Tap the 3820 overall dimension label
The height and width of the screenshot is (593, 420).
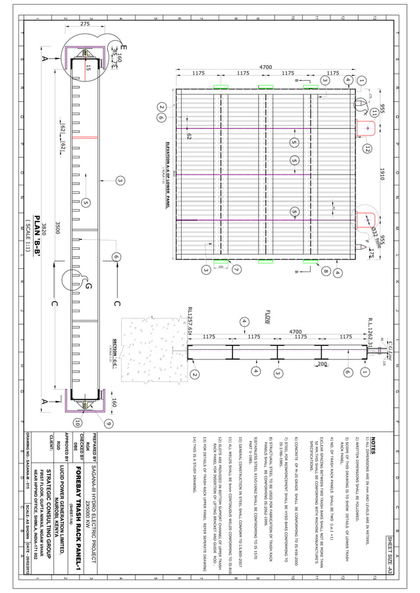pos(44,228)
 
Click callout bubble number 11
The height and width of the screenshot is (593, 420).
pos(374,112)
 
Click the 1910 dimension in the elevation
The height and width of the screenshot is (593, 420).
pos(382,174)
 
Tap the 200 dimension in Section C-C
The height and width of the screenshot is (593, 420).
pos(322,364)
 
